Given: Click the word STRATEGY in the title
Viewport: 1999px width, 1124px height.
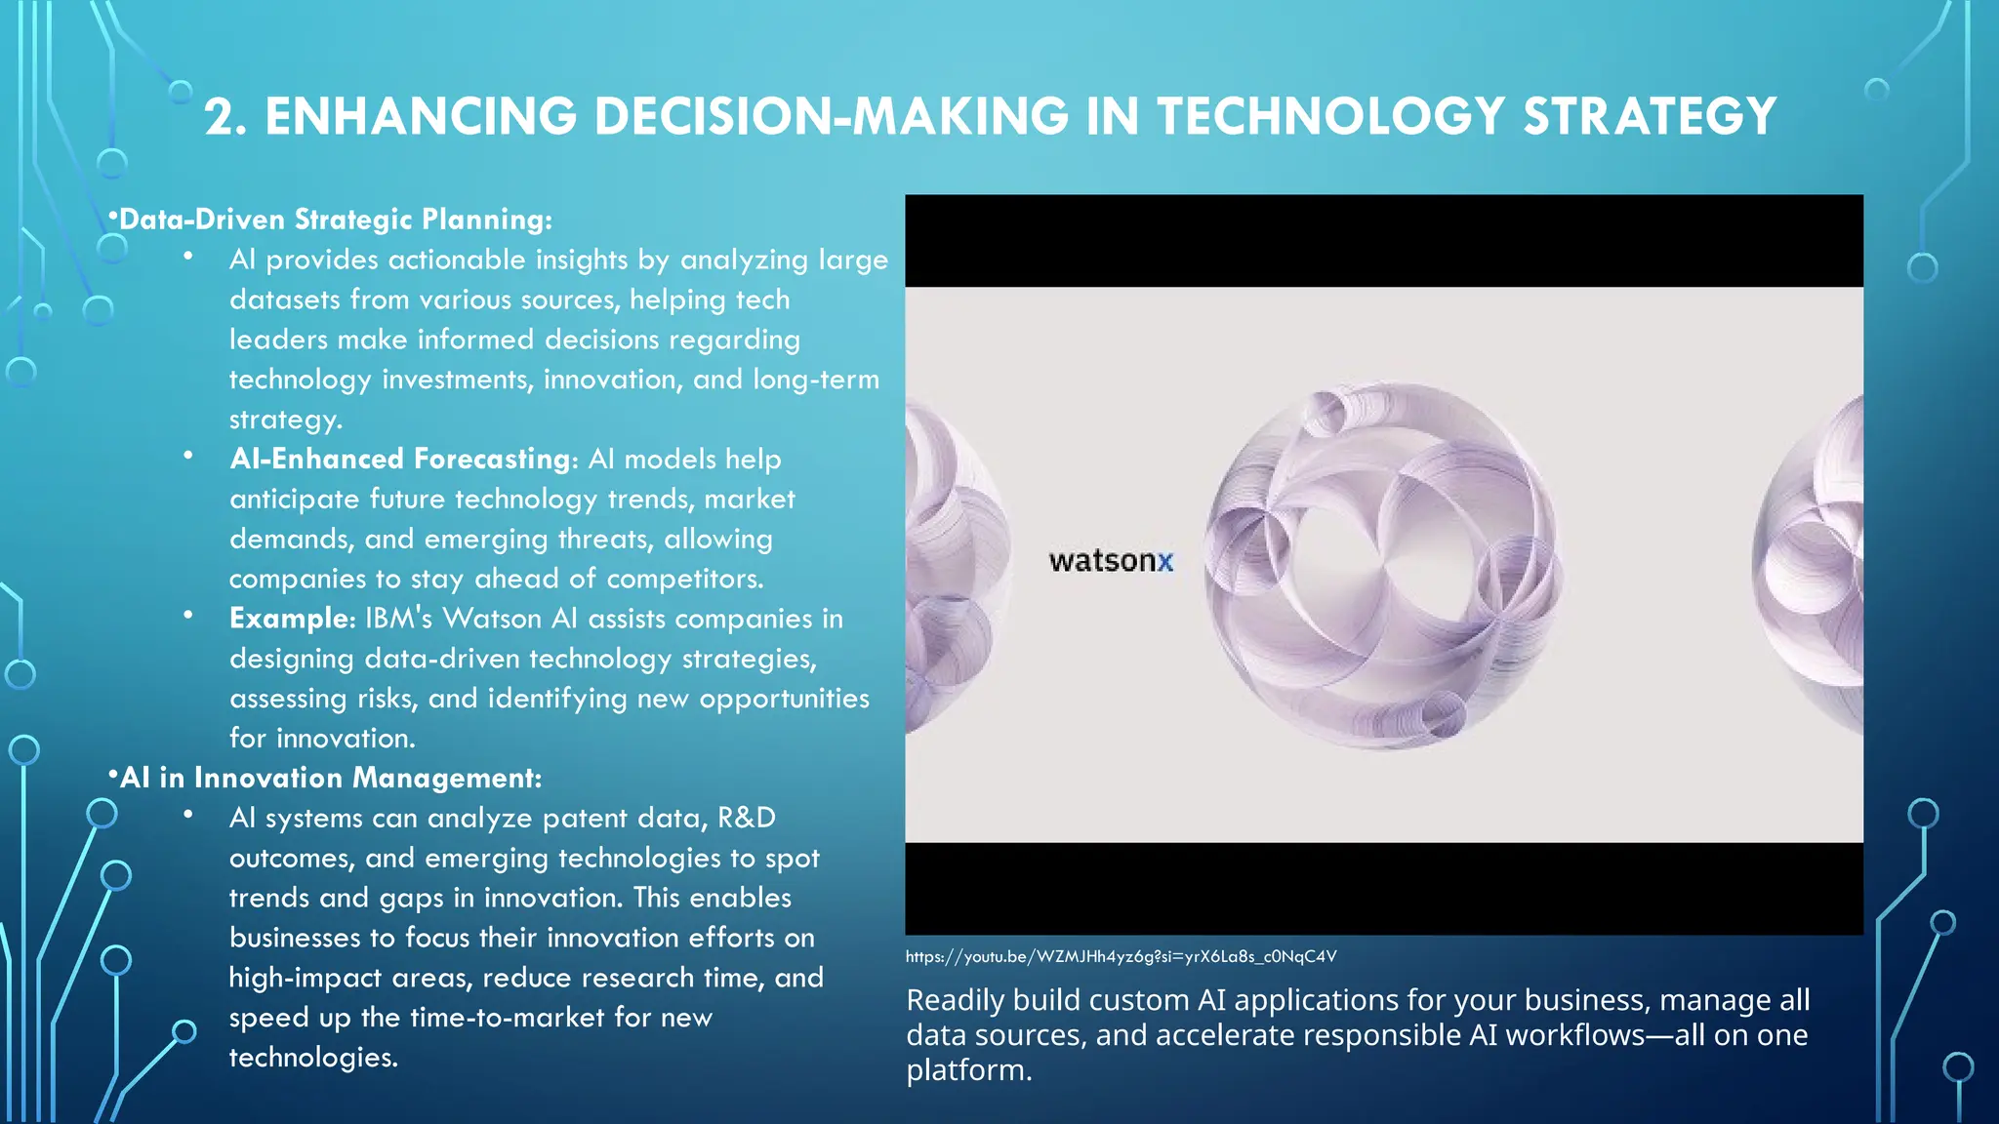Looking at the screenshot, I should [x=1650, y=116].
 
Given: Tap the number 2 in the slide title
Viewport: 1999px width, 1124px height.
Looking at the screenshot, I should [x=221, y=117].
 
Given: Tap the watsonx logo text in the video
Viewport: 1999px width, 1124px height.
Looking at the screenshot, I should [x=1110, y=561].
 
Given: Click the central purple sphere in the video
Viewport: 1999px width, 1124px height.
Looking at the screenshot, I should [x=1382, y=565].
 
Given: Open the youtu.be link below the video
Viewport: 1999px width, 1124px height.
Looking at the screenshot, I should [x=1120, y=956].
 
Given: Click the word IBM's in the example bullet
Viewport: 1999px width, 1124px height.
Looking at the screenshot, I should [x=398, y=619].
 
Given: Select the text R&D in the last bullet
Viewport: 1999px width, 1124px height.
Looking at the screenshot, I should [x=747, y=818].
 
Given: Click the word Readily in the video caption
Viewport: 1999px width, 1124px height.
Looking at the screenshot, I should [x=955, y=1000].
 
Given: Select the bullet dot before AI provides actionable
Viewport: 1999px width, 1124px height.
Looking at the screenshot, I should [x=187, y=257].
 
